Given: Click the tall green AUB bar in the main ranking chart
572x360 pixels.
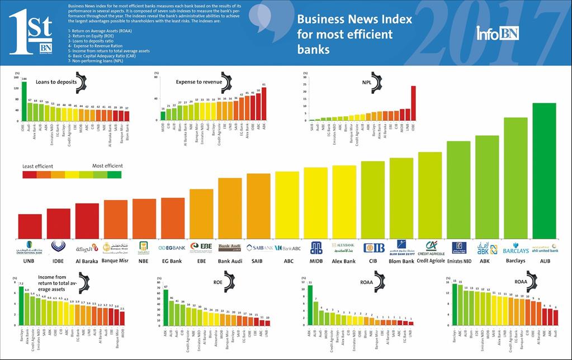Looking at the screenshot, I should tap(544, 170).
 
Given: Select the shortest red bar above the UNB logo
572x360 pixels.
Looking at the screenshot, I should tap(30, 226).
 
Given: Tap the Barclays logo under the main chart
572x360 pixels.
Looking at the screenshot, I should tap(516, 249).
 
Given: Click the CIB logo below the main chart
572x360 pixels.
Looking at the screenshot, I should tap(374, 248).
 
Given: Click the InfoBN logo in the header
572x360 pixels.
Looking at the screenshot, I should tap(497, 34).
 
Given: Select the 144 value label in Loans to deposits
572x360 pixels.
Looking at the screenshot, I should tap(24, 79).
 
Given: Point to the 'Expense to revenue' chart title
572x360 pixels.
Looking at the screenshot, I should tap(199, 82).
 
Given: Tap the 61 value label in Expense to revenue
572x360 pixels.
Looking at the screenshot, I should tap(264, 84).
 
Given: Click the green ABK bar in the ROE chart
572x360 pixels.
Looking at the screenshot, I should tap(166, 307).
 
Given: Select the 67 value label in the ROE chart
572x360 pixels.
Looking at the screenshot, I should tap(166, 287).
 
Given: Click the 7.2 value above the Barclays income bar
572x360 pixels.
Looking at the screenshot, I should tap(21, 284).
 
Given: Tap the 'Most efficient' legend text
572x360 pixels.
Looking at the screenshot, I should tap(107, 166).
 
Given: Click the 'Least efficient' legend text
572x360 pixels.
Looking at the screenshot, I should tap(37, 166).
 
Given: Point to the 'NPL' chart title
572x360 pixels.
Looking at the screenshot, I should tap(366, 82).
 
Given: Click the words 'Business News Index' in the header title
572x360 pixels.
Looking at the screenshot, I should tap(354, 19).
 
